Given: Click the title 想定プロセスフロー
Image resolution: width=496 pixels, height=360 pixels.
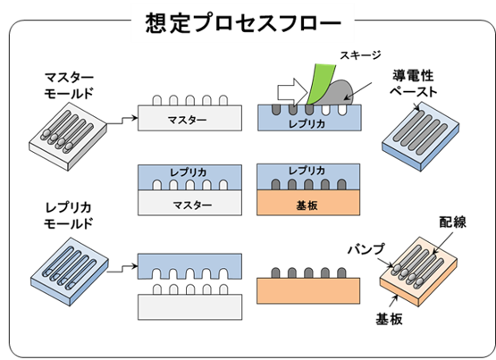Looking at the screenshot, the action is pos(243,22).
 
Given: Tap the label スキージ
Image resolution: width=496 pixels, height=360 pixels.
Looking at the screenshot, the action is pos(360,55).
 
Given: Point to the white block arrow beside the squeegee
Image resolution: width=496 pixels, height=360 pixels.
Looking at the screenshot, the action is pos(292,92).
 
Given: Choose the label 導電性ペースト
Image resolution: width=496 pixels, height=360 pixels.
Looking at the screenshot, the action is pos(413,83).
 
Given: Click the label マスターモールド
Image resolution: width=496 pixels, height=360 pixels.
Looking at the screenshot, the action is pos(69,85).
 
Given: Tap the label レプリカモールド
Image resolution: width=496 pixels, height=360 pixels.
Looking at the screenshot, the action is pos(68,215).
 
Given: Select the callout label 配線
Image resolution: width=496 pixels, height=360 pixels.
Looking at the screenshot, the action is pos(453,222).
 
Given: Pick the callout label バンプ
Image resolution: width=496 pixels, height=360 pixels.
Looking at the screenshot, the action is pos(366,249).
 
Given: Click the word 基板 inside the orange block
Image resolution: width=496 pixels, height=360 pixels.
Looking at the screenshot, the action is pos(307,205).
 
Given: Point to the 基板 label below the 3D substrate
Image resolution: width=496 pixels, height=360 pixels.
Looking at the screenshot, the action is pos(389,319).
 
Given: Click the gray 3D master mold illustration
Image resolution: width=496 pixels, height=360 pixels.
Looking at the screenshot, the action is pos(68,137).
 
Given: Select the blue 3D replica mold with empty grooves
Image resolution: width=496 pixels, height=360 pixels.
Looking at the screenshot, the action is pos(70,272).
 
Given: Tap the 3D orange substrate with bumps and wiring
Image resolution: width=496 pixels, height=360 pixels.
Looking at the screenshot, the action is pos(418,272).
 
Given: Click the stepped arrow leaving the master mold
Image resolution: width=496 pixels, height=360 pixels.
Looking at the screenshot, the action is pos(122,121).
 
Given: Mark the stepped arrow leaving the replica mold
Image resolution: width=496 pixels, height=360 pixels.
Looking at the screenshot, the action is pos(122,269).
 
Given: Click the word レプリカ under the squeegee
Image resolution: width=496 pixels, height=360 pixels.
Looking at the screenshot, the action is pos(307,124).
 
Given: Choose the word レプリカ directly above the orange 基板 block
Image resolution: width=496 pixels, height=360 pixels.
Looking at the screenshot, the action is pos(307,171).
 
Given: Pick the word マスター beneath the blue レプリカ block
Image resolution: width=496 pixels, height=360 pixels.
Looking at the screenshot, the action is pos(192,205).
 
